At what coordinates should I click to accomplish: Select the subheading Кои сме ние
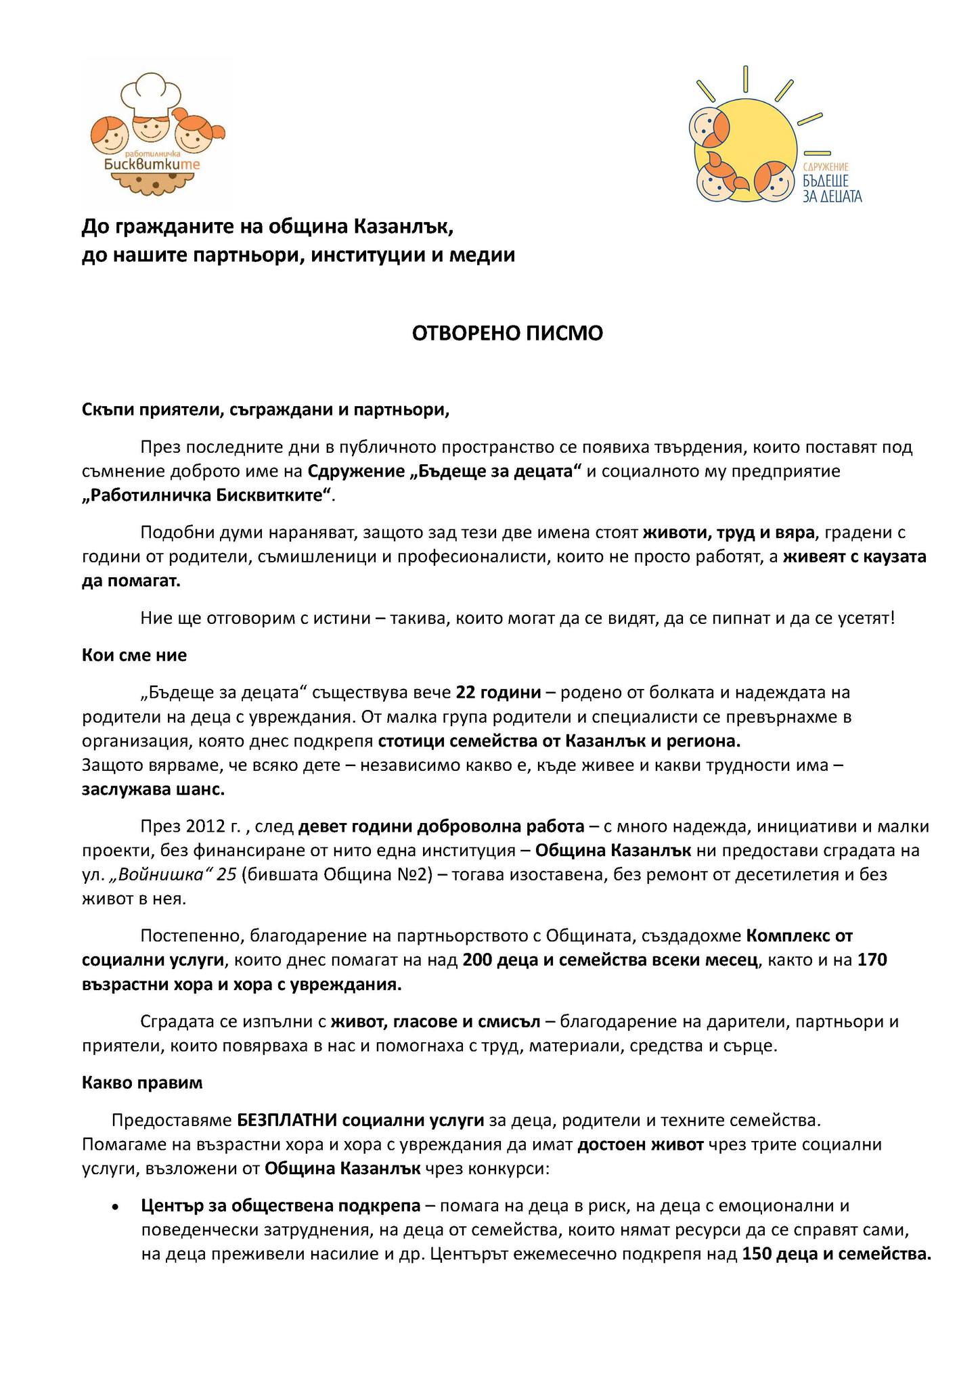click(x=134, y=655)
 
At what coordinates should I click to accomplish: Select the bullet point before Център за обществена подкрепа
click(x=116, y=1207)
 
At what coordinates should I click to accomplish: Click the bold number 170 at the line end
click(x=872, y=960)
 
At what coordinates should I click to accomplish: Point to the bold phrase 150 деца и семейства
click(x=837, y=1254)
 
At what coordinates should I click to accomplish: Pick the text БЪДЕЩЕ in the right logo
click(x=827, y=181)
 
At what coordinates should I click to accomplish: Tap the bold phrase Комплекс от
click(x=799, y=936)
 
